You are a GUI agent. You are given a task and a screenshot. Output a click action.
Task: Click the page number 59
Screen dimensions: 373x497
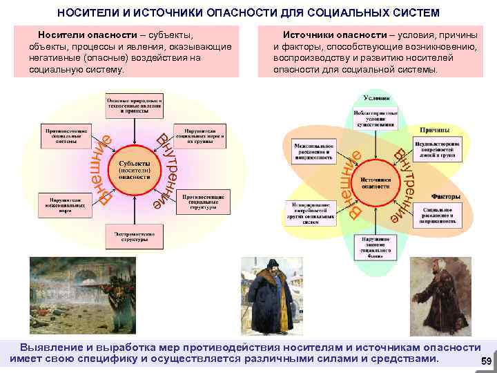(x=485, y=361)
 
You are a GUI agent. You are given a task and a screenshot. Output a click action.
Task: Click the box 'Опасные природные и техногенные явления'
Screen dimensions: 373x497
(x=134, y=106)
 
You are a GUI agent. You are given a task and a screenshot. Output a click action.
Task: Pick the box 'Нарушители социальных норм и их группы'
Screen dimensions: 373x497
(x=200, y=134)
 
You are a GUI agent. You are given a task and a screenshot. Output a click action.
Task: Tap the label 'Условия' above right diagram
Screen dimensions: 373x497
(x=376, y=97)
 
